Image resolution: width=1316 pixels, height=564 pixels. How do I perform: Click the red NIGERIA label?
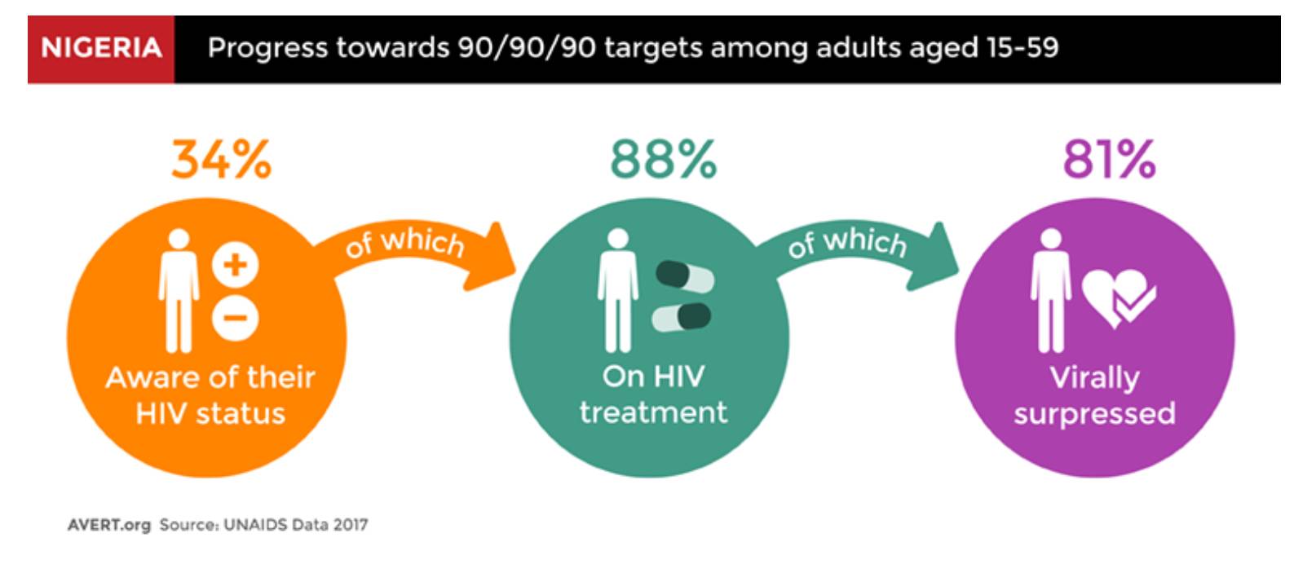click(101, 49)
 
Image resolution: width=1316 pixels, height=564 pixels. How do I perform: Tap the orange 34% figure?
click(222, 159)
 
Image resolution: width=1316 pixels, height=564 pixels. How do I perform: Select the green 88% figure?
click(663, 159)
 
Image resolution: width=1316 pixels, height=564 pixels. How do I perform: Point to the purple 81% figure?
click(1109, 159)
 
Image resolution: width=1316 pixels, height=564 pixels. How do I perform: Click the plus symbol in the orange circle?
click(235, 265)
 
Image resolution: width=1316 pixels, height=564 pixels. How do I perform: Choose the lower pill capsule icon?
click(682, 317)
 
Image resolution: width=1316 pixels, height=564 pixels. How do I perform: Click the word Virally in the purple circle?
click(1094, 377)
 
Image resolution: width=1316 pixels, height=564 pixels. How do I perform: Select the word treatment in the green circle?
click(653, 412)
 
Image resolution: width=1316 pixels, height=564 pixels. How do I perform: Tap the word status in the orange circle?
click(241, 413)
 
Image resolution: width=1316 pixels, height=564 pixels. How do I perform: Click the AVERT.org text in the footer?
click(109, 525)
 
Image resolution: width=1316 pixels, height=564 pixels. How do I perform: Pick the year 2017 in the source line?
click(351, 524)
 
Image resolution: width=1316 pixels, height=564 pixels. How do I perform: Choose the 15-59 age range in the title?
click(1022, 47)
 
